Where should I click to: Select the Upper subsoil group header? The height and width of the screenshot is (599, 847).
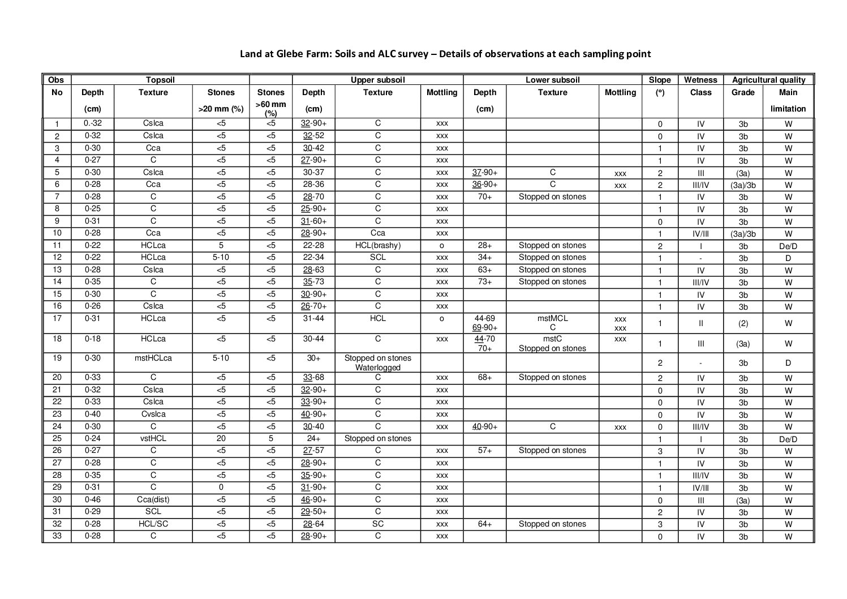tap(377, 80)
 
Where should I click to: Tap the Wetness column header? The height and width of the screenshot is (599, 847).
tap(700, 80)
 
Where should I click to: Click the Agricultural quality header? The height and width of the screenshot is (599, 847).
tap(768, 80)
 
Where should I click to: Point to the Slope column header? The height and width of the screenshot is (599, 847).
tap(660, 80)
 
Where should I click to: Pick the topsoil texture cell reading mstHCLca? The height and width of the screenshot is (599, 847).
tap(153, 358)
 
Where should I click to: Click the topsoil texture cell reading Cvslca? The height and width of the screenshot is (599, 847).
tap(153, 414)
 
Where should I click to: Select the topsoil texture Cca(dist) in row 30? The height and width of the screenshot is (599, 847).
tap(153, 500)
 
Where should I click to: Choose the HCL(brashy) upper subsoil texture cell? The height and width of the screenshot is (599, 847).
tap(377, 246)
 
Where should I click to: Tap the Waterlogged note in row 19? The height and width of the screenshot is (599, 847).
tap(377, 368)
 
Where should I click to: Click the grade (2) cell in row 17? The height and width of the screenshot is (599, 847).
tap(743, 324)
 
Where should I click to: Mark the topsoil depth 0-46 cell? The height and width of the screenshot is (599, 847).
tap(92, 500)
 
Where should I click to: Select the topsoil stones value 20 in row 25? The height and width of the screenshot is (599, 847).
tap(221, 439)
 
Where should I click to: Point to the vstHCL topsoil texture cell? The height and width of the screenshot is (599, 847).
tap(153, 439)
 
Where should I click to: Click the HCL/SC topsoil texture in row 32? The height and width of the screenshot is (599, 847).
tap(153, 524)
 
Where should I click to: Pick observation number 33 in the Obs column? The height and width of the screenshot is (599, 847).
tap(57, 536)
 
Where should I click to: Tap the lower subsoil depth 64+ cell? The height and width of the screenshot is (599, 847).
tap(484, 524)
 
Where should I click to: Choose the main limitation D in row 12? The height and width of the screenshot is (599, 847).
tap(788, 258)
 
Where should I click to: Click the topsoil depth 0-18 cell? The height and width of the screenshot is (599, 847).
tap(92, 339)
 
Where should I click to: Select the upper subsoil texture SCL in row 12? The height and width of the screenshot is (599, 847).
tap(377, 258)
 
